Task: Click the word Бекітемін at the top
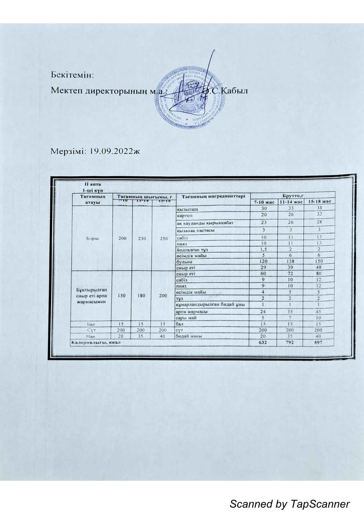tap(72, 75)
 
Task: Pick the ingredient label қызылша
tap(188, 209)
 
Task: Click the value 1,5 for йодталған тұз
tap(263, 249)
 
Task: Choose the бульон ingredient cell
tap(185, 262)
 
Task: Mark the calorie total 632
tap(263, 342)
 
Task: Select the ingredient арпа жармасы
tap(191, 312)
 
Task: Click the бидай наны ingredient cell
tap(188, 336)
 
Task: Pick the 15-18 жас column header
tap(319, 202)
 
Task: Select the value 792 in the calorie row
tap(291, 342)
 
